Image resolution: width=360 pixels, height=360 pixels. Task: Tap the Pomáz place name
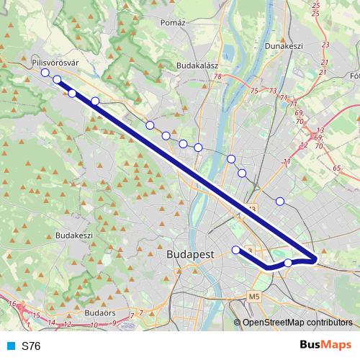174,22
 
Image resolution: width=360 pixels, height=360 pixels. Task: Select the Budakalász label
197,65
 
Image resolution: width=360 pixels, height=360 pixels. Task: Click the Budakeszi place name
74,235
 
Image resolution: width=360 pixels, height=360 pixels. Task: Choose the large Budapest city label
190,255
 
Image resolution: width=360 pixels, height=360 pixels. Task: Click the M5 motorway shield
253,296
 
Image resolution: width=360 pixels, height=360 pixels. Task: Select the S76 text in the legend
31,346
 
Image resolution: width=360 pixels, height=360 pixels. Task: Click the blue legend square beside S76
10,346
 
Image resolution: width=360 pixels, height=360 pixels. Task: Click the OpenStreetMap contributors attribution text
297,322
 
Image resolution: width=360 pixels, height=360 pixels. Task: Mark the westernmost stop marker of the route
45,73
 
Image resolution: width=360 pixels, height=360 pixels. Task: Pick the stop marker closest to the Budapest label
235,250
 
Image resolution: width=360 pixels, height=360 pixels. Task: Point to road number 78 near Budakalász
216,76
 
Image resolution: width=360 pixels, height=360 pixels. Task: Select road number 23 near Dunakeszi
325,45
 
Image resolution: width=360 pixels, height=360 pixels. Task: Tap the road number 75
253,90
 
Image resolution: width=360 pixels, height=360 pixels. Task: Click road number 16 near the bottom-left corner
12,305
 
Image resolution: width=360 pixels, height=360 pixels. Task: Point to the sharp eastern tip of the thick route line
317,259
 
